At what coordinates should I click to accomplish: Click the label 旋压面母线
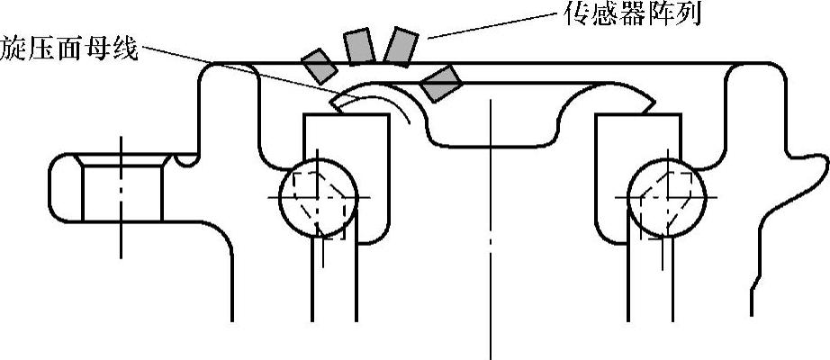(69, 49)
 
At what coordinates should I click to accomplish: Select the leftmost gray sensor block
(319, 62)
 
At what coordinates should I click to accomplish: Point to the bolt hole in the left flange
(122, 187)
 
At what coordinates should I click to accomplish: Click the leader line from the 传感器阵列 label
(486, 25)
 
